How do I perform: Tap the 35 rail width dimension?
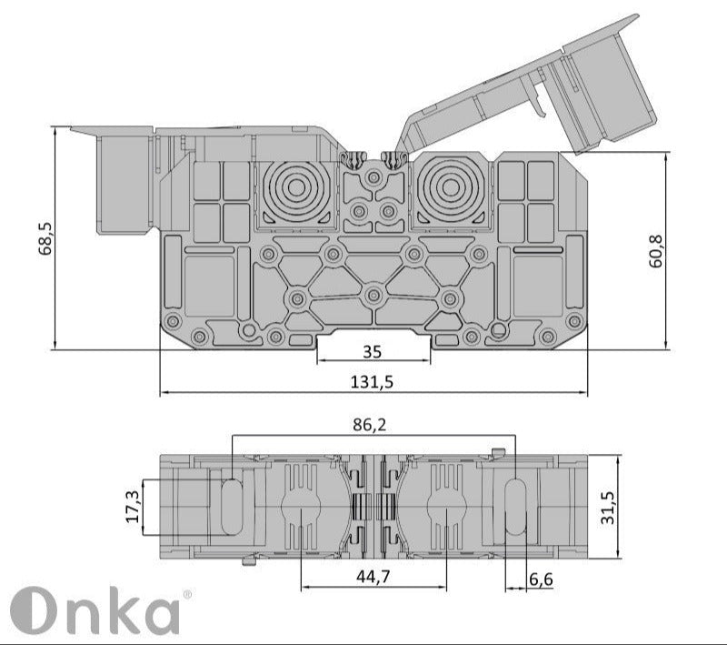click(373, 351)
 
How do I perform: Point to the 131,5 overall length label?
click(372, 382)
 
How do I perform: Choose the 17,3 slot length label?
click(134, 506)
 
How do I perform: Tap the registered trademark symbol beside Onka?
click(187, 595)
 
